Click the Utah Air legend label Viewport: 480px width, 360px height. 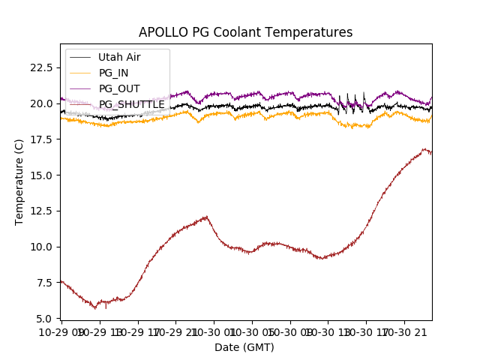(x=119, y=57)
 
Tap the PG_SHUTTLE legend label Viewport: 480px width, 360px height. (x=132, y=104)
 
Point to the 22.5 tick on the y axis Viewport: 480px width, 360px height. (x=42, y=67)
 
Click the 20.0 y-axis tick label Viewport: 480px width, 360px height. (x=42, y=103)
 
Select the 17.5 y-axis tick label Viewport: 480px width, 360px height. (x=42, y=139)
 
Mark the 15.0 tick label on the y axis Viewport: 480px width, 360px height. (x=42, y=175)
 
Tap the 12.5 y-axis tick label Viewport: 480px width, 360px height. (x=42, y=211)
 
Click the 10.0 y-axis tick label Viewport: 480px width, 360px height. (x=42, y=247)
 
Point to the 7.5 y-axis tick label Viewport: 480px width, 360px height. (x=45, y=283)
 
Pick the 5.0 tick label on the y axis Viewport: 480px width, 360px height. (x=45, y=319)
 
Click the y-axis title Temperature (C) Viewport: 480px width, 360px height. (x=19, y=181)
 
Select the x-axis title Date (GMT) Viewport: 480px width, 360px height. (x=244, y=347)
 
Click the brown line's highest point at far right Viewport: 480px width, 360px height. (x=425, y=149)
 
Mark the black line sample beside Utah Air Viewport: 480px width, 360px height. (x=80, y=57)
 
